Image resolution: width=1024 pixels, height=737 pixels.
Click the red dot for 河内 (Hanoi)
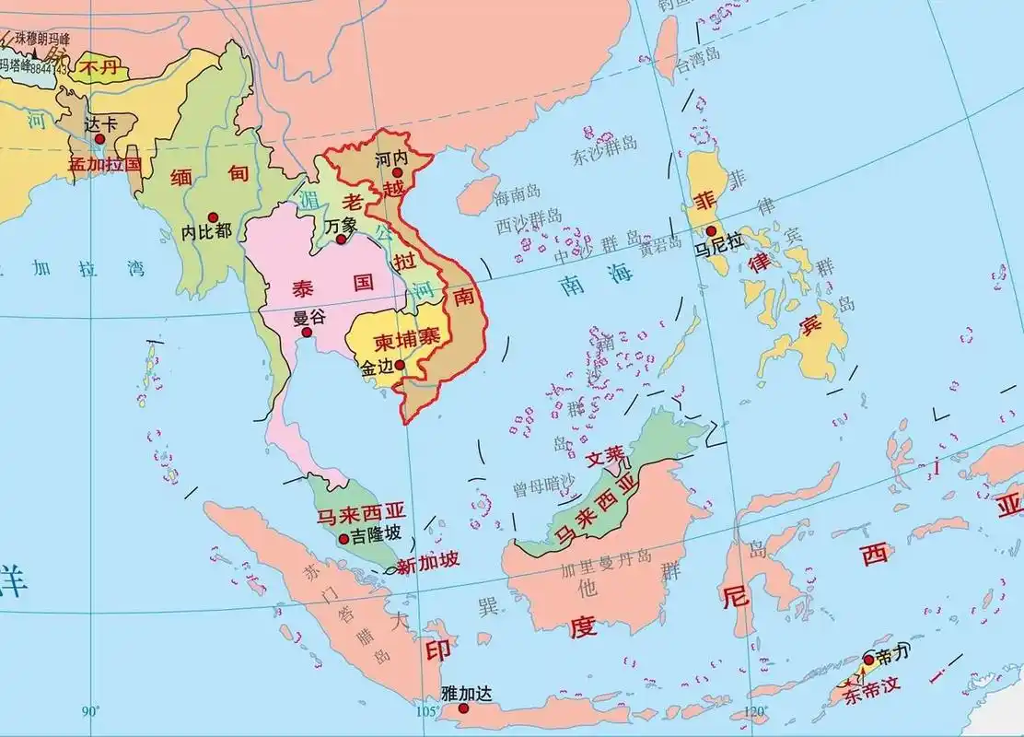coord(398,172)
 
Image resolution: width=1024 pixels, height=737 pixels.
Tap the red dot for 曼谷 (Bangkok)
coord(307,333)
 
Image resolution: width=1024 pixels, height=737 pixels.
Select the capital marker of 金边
coord(399,365)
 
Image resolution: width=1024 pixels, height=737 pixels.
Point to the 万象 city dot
coord(341,240)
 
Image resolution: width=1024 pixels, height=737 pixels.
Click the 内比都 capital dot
coord(213,214)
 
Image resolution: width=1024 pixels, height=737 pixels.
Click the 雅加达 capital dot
coord(450,708)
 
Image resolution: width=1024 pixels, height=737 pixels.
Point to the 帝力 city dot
coord(868,660)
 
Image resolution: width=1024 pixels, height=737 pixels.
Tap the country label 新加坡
coord(427,563)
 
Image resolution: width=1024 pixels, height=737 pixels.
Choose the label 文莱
coord(605,455)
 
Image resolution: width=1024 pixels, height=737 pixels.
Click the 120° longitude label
coord(754,711)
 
